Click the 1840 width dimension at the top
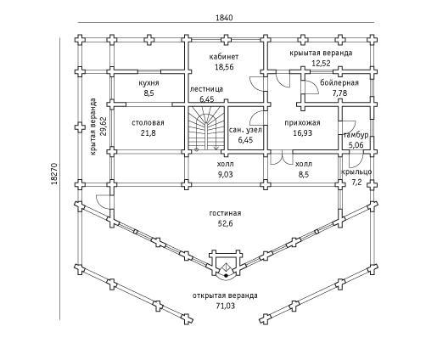click(224, 18)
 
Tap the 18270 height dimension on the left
click(54, 173)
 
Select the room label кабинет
click(224, 57)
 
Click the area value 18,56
click(224, 67)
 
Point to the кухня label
click(148, 83)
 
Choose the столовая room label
click(148, 123)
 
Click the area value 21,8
click(148, 132)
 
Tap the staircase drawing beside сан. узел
click(206, 128)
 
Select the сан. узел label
click(245, 130)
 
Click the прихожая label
click(302, 123)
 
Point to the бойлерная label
click(339, 82)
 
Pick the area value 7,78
click(339, 93)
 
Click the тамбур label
click(356, 135)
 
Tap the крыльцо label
click(356, 172)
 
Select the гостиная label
click(225, 213)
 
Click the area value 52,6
click(225, 223)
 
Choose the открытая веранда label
click(225, 295)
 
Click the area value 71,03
click(225, 306)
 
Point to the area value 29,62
click(104, 127)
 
